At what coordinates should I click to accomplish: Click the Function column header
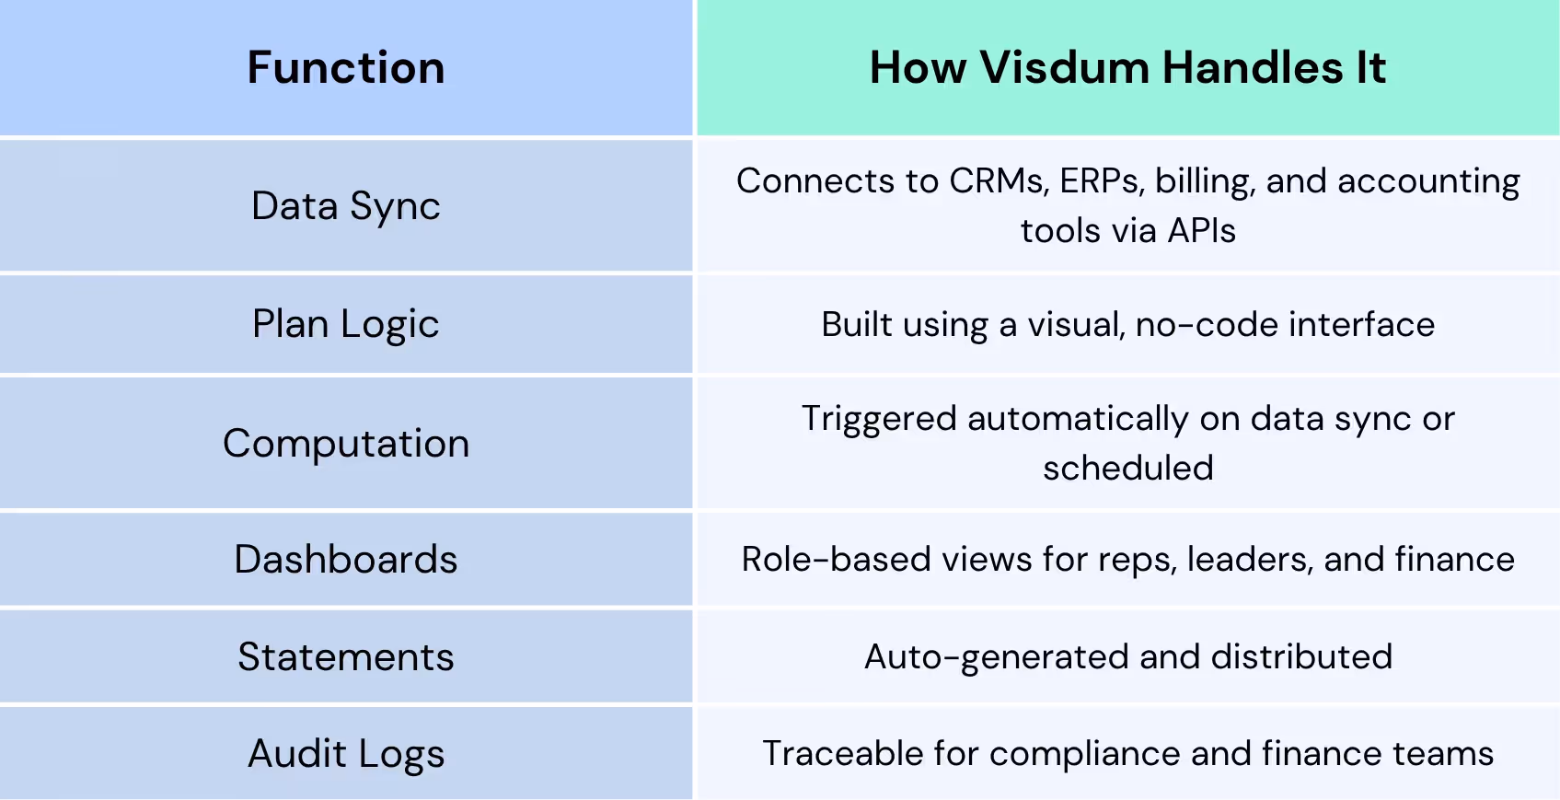tap(346, 68)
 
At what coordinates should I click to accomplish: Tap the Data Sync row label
tap(346, 206)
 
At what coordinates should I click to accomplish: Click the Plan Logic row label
tap(346, 325)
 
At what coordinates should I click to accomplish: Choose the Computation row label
tap(346, 444)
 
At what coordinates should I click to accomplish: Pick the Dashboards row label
tap(346, 560)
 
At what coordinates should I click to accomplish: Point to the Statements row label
tap(346, 657)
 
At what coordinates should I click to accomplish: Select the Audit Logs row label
tap(346, 754)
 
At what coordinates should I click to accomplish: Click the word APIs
tap(1201, 231)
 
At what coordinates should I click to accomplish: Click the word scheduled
tap(1128, 469)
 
